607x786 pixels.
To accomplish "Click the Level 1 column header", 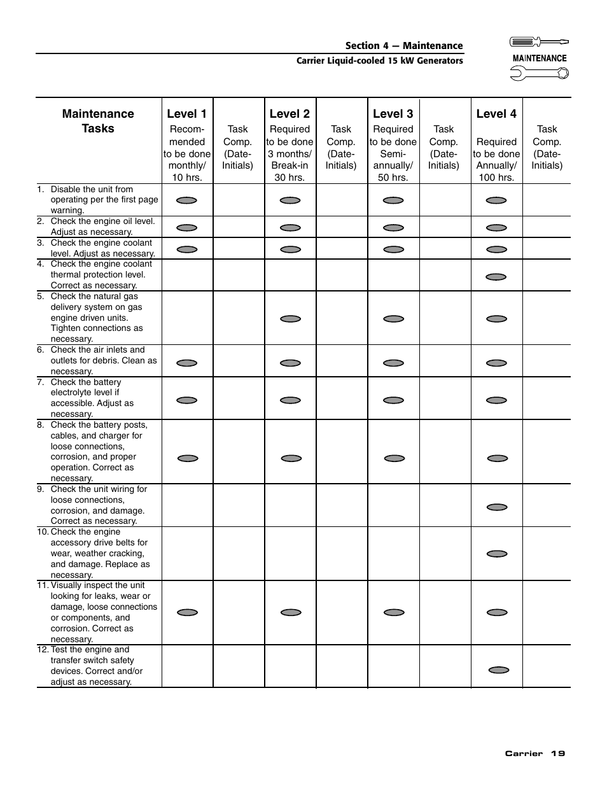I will [186, 114].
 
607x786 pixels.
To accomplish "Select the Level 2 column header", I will [290, 114].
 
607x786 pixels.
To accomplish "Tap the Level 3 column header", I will [393, 114].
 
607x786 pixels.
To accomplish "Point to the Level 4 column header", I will [496, 114].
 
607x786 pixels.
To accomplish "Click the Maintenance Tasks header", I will [98, 121].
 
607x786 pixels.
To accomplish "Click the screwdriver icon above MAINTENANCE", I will [539, 42].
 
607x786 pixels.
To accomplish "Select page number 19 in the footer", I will [557, 754].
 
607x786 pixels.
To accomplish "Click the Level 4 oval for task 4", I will [496, 277].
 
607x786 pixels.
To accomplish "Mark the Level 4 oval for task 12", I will [499, 670].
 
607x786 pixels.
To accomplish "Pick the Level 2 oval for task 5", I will [290, 319].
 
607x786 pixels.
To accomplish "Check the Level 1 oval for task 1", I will [186, 200].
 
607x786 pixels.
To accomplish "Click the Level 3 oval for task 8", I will [394, 458].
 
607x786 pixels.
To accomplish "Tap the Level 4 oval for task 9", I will [497, 507].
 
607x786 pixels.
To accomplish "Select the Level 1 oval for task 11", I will [187, 612].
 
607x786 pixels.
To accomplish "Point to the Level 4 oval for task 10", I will [497, 554].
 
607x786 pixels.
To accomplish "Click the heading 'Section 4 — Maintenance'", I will [404, 46].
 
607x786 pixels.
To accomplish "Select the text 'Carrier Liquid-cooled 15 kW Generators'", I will [380, 61].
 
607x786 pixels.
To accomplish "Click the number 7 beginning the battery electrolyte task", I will [40, 382].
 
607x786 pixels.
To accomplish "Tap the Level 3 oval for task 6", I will [393, 363].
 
